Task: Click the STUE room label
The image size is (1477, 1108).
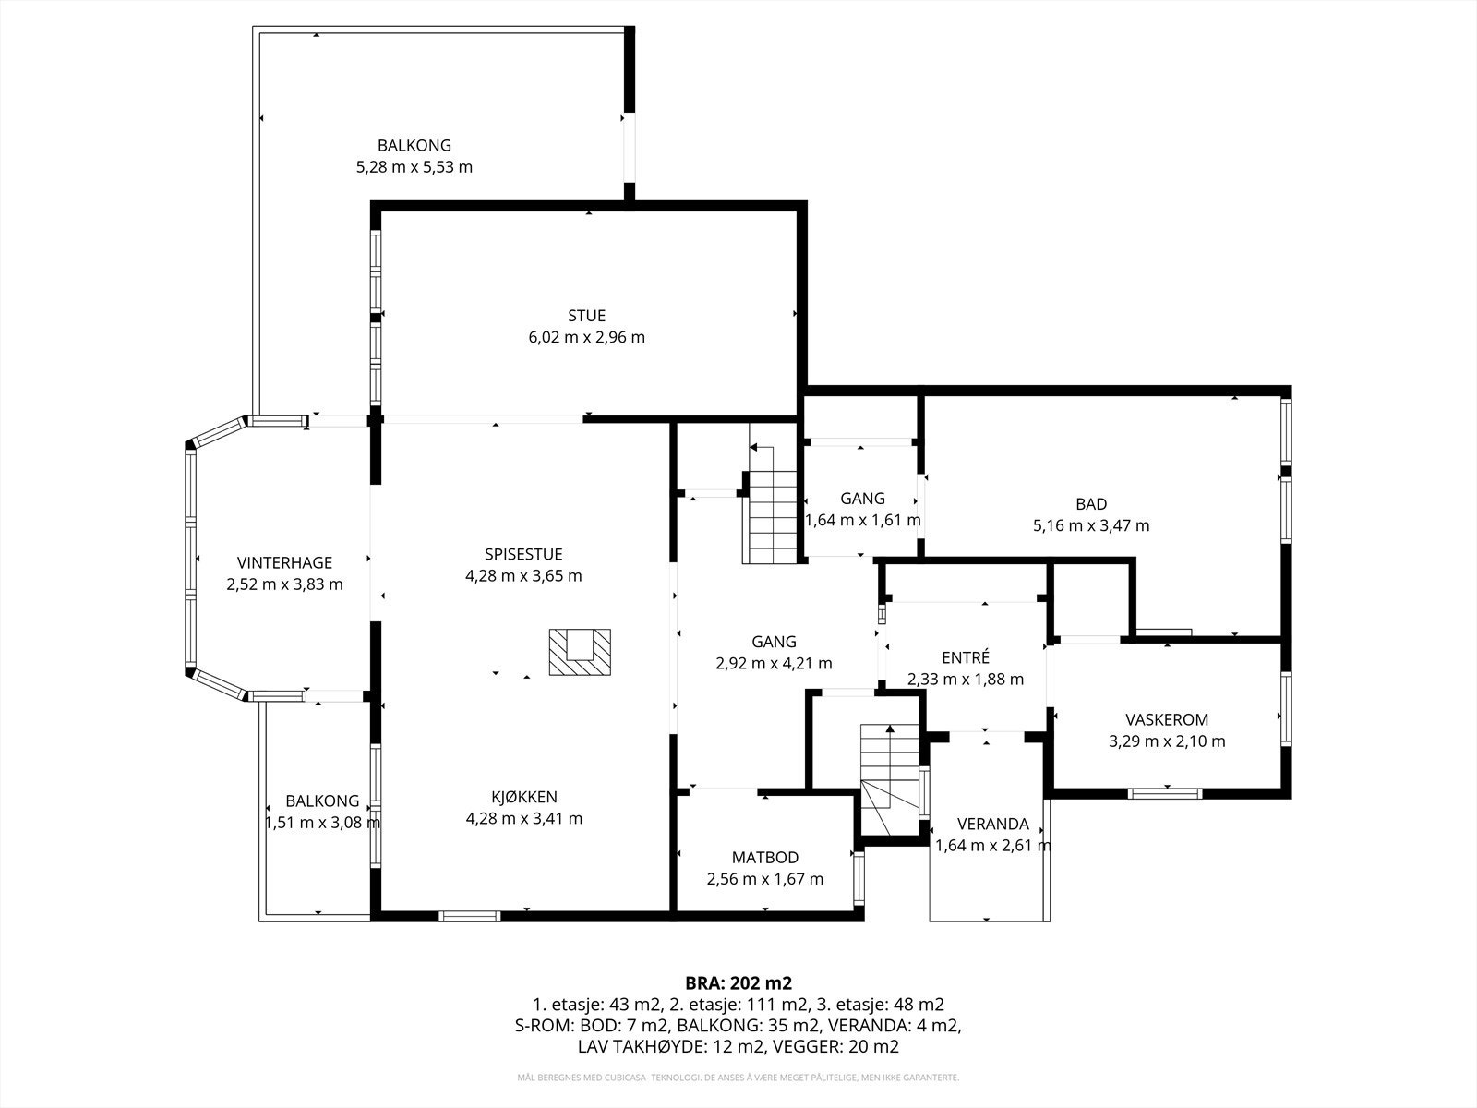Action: coord(586,316)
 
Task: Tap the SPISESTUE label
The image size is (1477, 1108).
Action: coord(523,554)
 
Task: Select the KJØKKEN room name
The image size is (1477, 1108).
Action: coord(524,797)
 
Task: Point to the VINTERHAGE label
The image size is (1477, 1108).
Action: coord(284,562)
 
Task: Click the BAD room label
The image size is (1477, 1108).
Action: coord(1091,504)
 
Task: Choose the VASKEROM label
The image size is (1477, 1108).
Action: coord(1167,719)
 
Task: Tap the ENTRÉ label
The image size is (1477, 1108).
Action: coord(966,656)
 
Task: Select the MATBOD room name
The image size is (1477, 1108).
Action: coord(765,857)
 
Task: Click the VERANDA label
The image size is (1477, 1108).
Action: coord(992,824)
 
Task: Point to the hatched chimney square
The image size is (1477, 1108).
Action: coord(580,652)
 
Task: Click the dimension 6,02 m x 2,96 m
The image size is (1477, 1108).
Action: coord(587,337)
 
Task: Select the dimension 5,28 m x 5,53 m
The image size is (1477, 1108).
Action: coord(414,167)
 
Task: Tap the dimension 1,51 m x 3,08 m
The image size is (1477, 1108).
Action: coord(322,822)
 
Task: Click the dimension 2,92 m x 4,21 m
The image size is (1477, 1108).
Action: coord(774,663)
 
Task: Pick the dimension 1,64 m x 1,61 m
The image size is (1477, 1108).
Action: coord(862,520)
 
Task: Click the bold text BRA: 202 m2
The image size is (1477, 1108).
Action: coord(738,982)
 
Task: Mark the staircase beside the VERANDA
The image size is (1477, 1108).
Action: coord(890,779)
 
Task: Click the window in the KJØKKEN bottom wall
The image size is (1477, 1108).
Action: coord(470,916)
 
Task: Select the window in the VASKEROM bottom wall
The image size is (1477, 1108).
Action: coord(1165,794)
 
